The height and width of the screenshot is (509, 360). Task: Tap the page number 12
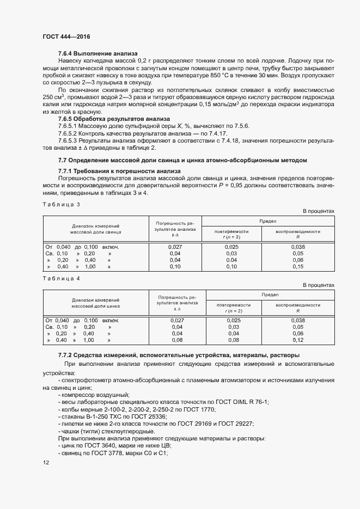click(x=46, y=462)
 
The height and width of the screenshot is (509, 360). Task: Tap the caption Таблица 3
click(x=61, y=204)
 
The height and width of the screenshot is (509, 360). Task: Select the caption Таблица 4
click(x=61, y=278)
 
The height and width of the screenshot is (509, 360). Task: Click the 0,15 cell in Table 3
click(x=297, y=267)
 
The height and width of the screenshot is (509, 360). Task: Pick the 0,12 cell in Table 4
click(x=297, y=340)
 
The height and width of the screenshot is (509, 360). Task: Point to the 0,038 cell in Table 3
click(x=297, y=247)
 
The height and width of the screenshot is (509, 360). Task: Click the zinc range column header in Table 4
click(x=95, y=303)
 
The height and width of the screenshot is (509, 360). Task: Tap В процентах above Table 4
click(x=318, y=285)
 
